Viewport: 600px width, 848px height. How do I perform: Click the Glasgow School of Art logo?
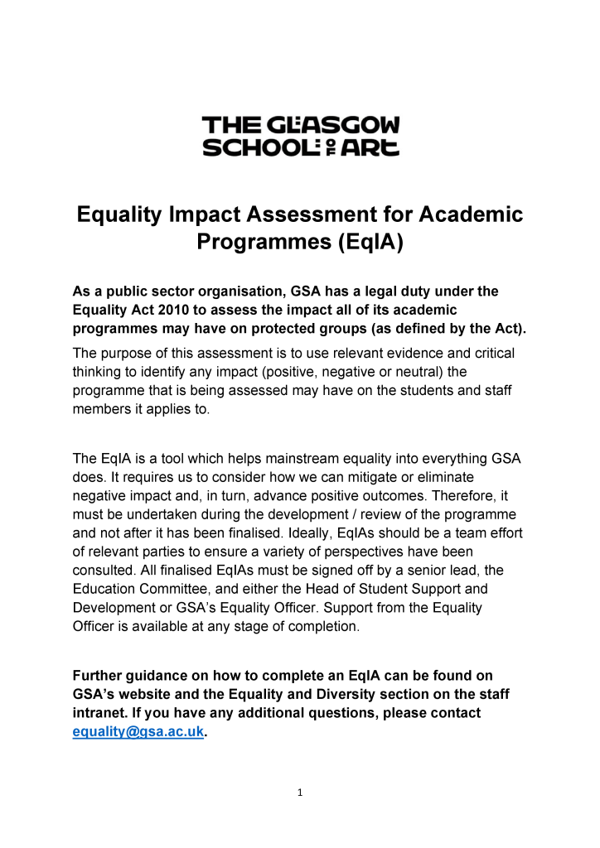pyautogui.click(x=301, y=137)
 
